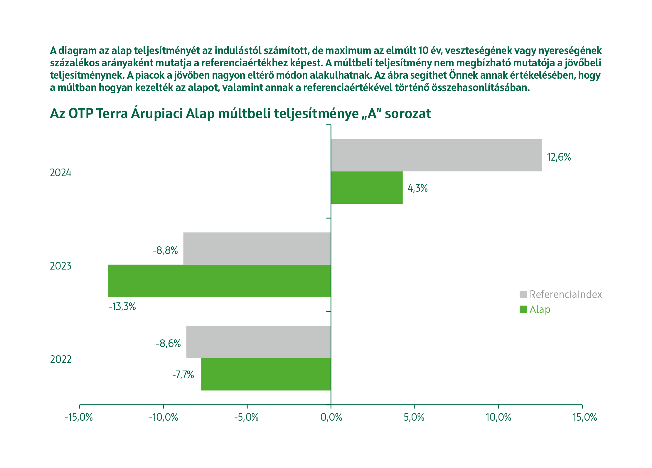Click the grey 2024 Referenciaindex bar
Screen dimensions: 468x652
point(436,155)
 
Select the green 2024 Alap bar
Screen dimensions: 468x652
point(367,188)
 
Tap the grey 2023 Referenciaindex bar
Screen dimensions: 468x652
point(257,248)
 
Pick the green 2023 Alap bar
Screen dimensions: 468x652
point(219,281)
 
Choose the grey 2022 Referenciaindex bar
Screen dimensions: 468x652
point(258,342)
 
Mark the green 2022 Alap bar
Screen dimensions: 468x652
point(266,374)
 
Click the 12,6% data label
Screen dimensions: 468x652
point(559,157)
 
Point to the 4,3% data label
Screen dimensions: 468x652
point(417,188)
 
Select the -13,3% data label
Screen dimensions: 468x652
point(122,307)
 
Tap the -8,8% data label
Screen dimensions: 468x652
point(165,250)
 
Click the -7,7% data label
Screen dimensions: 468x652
point(183,375)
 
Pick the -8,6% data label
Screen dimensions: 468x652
point(168,344)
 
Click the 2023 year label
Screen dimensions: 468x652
point(60,266)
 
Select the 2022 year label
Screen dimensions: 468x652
point(61,359)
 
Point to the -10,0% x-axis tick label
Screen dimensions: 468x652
point(163,417)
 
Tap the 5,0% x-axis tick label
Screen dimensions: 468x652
point(414,417)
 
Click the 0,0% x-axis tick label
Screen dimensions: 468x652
point(331,417)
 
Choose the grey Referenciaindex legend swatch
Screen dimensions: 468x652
point(523,294)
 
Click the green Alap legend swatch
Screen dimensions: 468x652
point(523,309)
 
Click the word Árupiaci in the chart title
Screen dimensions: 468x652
point(157,114)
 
